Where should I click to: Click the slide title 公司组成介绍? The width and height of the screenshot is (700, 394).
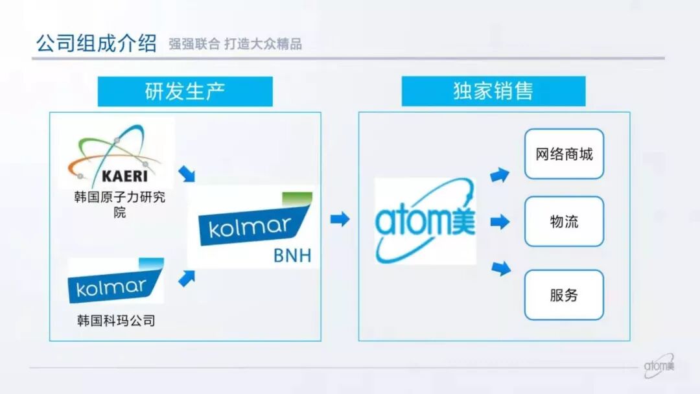(x=96, y=43)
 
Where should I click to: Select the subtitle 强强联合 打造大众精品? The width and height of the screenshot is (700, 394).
(x=235, y=45)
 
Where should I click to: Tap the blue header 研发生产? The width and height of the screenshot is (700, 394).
(x=185, y=91)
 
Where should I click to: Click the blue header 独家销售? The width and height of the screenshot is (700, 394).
(x=493, y=91)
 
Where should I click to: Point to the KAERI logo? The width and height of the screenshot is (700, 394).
(x=115, y=154)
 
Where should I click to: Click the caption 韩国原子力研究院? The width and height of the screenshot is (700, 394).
(x=119, y=204)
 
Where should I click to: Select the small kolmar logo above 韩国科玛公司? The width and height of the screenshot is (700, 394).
(x=115, y=281)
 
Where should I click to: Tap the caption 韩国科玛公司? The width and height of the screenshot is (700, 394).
(x=115, y=320)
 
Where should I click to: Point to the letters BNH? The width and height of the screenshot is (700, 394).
(x=292, y=256)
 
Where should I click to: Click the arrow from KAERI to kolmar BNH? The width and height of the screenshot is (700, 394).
(x=186, y=174)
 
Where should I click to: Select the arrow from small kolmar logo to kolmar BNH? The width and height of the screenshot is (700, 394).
(x=187, y=279)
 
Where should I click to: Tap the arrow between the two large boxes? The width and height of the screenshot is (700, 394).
(x=340, y=219)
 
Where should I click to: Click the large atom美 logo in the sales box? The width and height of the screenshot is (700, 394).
(x=425, y=220)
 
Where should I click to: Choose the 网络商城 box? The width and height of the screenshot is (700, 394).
(x=564, y=154)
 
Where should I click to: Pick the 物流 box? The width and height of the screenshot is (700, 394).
(x=564, y=222)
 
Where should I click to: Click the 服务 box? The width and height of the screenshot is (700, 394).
(x=564, y=295)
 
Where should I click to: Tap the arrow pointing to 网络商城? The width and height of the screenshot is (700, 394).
(x=500, y=174)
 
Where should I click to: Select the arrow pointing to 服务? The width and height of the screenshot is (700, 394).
(x=500, y=268)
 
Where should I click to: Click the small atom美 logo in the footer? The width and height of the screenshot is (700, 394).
(x=659, y=367)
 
